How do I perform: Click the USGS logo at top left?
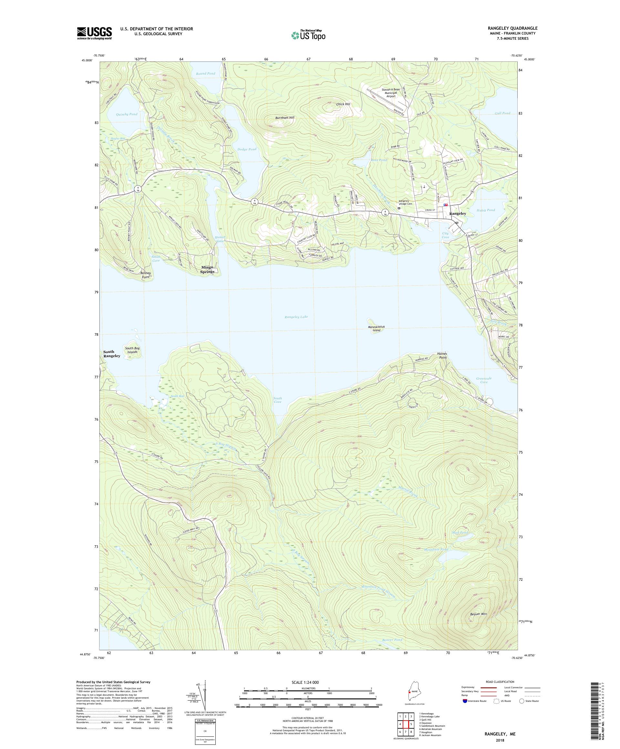click(x=95, y=33)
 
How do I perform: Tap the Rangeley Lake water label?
click(x=296, y=317)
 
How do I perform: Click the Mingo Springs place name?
click(x=207, y=269)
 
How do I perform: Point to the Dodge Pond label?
click(x=247, y=149)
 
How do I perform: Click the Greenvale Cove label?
click(x=484, y=380)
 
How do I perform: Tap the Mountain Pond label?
click(x=436, y=549)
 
